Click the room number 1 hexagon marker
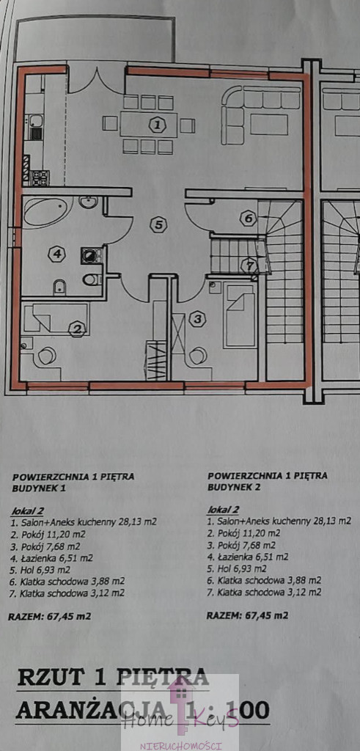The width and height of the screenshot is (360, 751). [x=157, y=125]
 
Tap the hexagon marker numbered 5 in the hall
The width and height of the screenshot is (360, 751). [x=158, y=224]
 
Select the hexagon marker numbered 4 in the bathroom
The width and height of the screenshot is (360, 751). [x=56, y=254]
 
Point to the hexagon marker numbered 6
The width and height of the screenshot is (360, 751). [x=248, y=219]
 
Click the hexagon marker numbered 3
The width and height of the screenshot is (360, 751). [x=197, y=319]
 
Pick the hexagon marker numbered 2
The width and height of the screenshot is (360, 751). [x=76, y=329]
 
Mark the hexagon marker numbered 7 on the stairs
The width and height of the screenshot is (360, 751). [x=249, y=265]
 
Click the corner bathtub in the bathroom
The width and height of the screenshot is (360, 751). [x=47, y=211]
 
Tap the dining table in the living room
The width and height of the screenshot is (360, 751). [x=148, y=125]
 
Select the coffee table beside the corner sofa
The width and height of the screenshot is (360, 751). [x=268, y=125]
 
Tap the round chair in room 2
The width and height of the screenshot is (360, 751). [x=46, y=356]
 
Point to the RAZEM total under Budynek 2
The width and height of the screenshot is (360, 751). [x=248, y=615]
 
